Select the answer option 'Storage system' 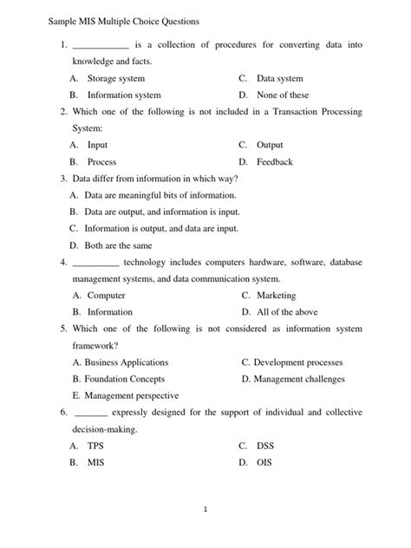click(x=115, y=79)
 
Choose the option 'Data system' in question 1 click(x=280, y=79)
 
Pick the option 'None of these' click(x=283, y=95)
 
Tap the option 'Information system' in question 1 click(x=124, y=95)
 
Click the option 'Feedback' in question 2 click(x=275, y=162)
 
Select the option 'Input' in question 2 click(x=97, y=145)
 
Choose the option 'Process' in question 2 click(x=101, y=162)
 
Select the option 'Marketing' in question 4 click(x=276, y=296)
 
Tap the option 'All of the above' click(x=286, y=312)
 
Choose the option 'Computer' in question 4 click(x=107, y=296)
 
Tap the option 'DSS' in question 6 click(x=265, y=446)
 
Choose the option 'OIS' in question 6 click(x=264, y=462)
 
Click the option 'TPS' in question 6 click(x=95, y=446)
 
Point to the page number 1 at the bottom click(x=205, y=511)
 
